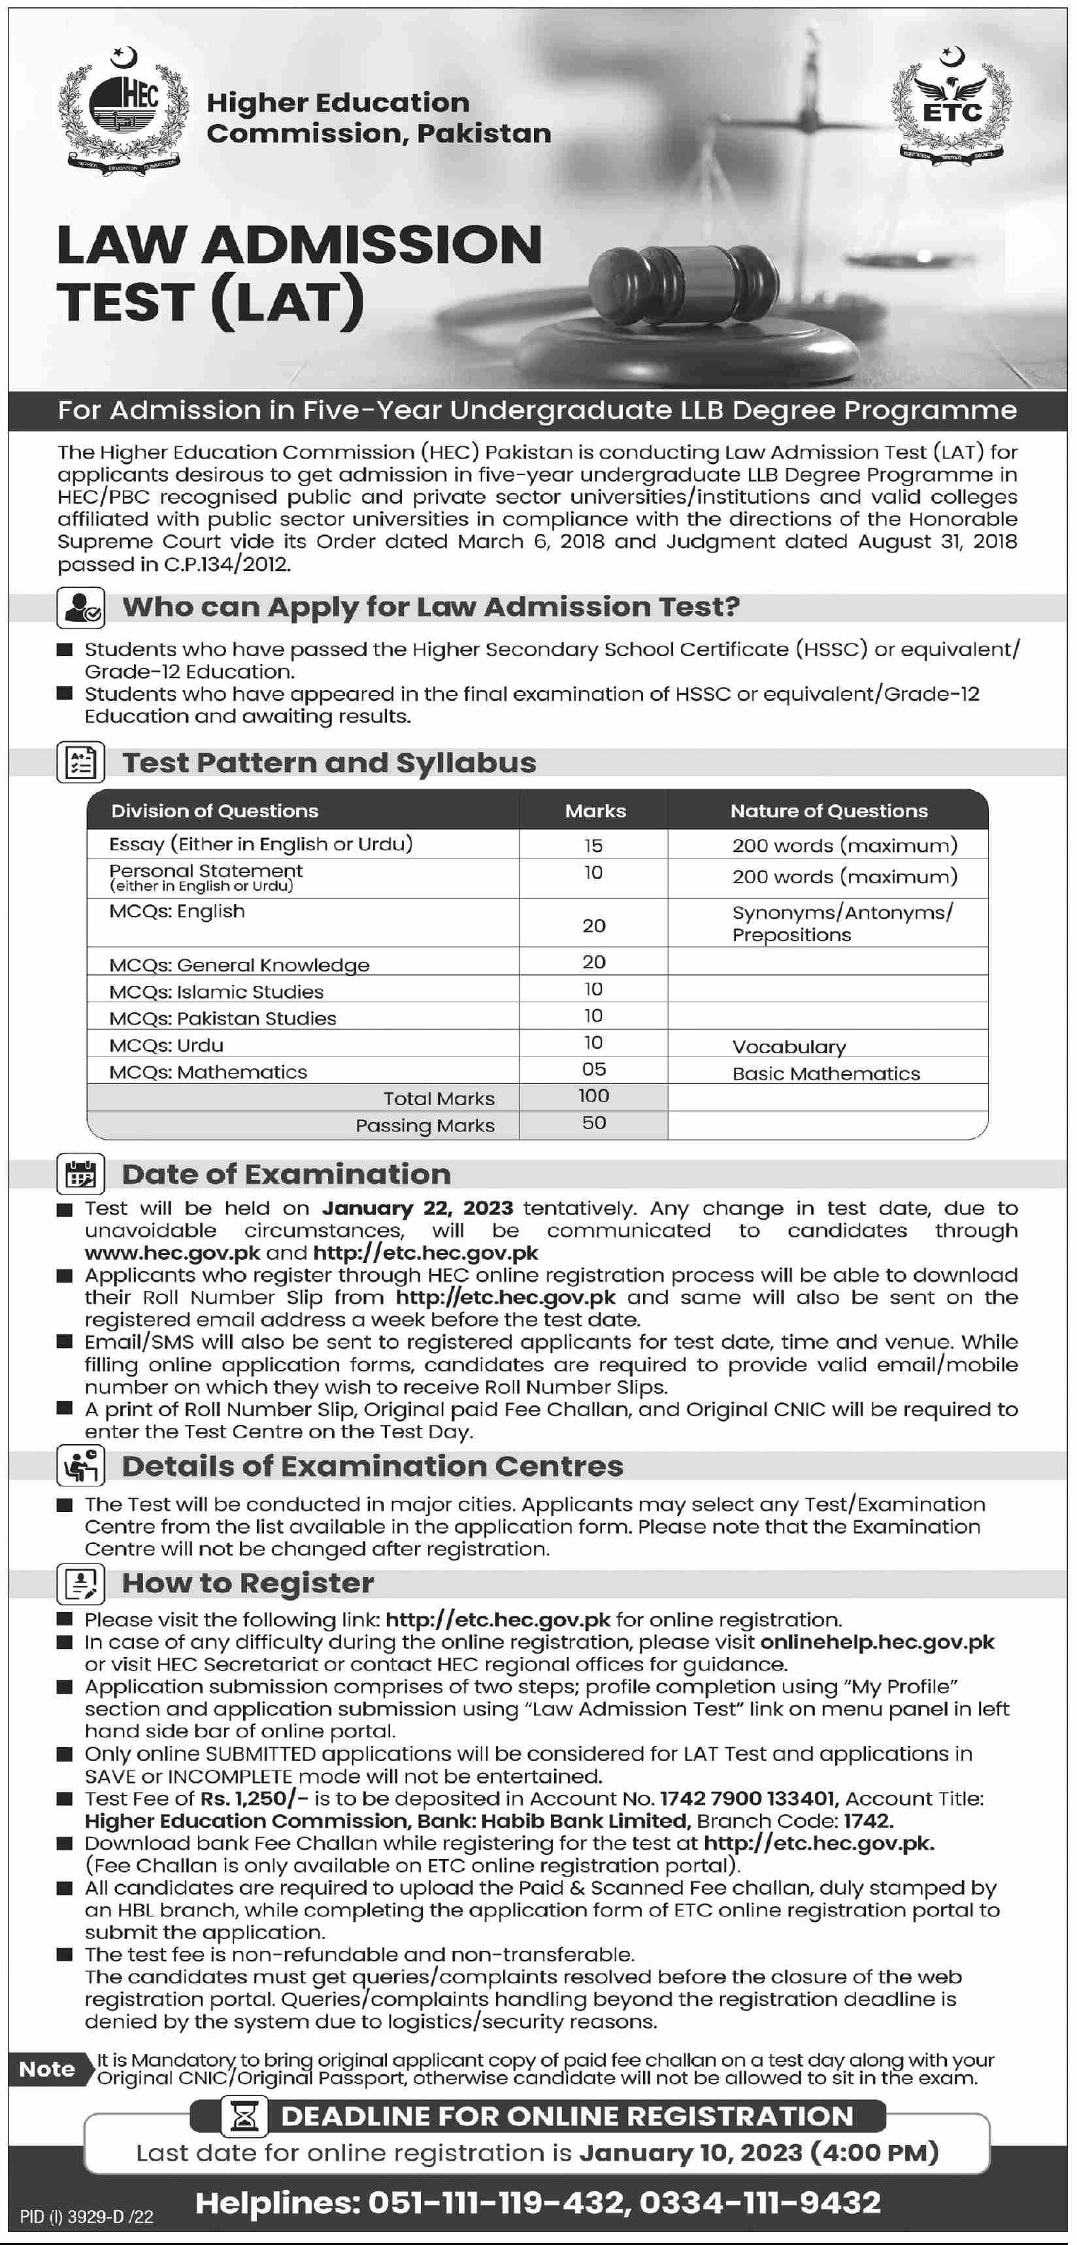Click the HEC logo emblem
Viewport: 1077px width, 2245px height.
tap(123, 110)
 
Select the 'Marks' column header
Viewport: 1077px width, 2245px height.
tap(595, 810)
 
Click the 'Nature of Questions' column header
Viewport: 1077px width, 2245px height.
tap(829, 810)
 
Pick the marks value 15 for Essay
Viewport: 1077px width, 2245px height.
tap(593, 845)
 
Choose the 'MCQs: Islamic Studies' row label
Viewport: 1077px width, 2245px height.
tap(216, 992)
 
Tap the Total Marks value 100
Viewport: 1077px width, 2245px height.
tap(593, 1096)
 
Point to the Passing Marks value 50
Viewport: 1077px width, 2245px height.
tap(593, 1123)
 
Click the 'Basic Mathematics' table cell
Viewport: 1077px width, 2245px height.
tap(825, 1073)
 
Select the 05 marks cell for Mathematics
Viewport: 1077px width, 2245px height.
tap(593, 1070)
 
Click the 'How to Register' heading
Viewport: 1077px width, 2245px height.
tap(248, 1582)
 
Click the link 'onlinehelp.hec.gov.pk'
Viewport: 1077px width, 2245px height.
tap(876, 1642)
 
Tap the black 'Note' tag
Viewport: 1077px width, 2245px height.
tap(47, 2069)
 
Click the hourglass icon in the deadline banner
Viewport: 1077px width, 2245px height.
tap(245, 2116)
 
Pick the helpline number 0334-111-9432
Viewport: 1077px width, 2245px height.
tap(760, 2203)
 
